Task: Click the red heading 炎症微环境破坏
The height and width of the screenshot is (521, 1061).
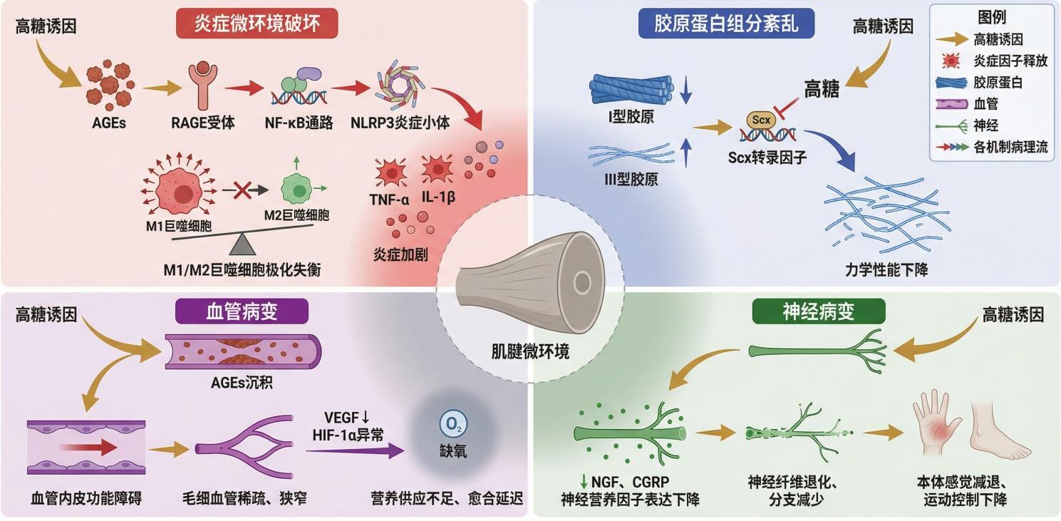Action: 257,24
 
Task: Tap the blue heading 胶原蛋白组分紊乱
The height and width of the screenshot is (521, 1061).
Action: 726,24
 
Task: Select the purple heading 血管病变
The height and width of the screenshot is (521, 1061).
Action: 242,311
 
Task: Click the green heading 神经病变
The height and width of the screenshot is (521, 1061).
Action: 819,311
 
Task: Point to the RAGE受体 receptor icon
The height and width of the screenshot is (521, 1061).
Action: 203,86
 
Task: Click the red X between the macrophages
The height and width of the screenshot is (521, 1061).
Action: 242,190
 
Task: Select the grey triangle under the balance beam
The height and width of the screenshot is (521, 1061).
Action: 242,245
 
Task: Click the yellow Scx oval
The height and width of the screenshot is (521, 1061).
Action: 761,120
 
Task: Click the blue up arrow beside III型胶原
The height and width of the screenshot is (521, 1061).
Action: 686,152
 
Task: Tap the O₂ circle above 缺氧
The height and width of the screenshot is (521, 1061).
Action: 453,425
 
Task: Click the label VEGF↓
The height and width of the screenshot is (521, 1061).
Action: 347,417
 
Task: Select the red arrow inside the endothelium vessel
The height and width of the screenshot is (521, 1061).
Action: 88,447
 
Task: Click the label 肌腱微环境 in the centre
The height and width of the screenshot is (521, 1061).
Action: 530,351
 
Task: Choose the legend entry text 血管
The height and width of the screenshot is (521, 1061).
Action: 985,104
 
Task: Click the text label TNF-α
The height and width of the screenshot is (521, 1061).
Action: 389,200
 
